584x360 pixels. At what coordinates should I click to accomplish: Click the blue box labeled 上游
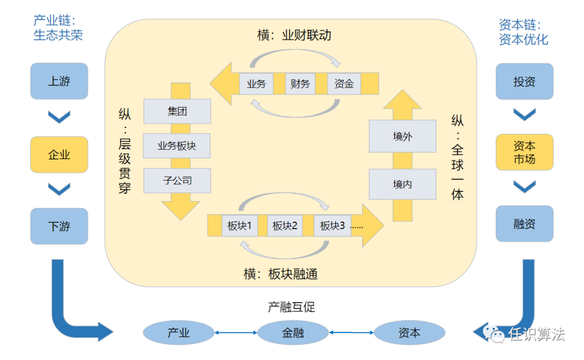coord(59,81)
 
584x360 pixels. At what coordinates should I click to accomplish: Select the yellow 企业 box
coord(59,155)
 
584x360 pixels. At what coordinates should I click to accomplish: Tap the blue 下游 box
coord(59,226)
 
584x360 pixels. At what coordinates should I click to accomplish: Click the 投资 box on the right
coord(524,81)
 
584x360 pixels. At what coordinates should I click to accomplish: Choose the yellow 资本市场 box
coord(524,152)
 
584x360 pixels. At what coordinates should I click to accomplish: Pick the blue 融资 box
coord(524,223)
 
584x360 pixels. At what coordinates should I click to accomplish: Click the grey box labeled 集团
coord(177,111)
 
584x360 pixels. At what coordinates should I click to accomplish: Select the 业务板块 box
coord(177,145)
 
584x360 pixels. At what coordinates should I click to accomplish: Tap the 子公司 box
coord(177,180)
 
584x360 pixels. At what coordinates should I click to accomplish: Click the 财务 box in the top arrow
coord(300,84)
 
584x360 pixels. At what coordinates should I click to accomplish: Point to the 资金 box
coord(344,84)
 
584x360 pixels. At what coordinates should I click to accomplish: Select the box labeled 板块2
coord(285,225)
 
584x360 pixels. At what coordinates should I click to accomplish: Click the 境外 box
coord(402,136)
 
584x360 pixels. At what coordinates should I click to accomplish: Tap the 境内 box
coord(402,184)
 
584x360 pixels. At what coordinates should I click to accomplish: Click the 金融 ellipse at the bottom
coord(293,332)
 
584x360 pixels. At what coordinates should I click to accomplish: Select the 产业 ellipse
coord(178,332)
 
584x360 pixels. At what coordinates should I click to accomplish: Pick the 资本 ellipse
coord(409,332)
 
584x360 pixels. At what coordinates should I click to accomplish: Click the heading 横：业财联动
coord(294,36)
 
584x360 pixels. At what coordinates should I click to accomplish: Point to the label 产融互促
coord(291,307)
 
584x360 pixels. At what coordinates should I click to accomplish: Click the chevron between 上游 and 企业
coord(59,117)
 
